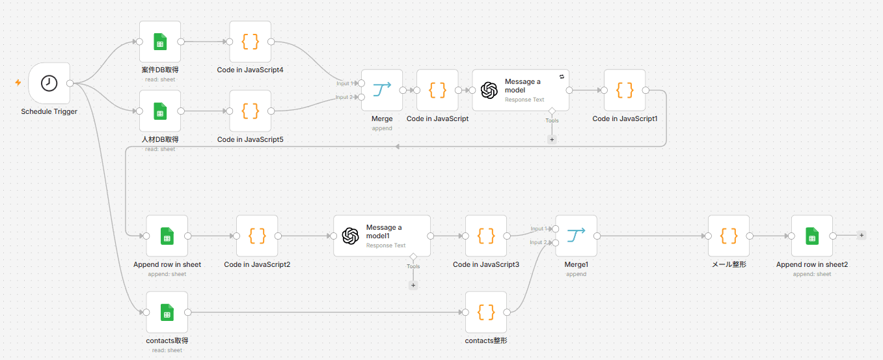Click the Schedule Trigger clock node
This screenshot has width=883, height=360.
coord(49,83)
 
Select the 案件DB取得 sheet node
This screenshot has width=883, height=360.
coord(160,42)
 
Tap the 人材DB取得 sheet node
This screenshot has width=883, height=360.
coord(160,111)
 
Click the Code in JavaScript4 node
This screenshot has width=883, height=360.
coord(251,42)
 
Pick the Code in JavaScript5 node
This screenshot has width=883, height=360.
coord(251,111)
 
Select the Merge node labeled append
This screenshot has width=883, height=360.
coord(382,90)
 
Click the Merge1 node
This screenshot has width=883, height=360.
coord(577,236)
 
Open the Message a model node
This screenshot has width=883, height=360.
coord(521,90)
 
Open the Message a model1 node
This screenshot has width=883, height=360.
coord(382,236)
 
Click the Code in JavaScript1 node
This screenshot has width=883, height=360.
coord(625,90)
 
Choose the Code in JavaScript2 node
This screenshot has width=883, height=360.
coord(257,236)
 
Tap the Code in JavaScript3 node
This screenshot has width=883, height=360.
coord(486,236)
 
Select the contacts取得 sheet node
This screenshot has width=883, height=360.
coord(167,312)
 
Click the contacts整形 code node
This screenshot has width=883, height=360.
coord(486,312)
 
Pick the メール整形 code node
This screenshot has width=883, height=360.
coord(729,236)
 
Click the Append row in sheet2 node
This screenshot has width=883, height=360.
coord(812,236)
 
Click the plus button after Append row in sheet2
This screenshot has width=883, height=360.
coord(862,236)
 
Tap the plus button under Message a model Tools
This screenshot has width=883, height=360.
coord(552,139)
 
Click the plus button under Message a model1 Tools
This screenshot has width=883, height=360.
coord(413,285)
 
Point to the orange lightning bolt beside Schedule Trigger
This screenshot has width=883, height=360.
coord(18,83)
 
